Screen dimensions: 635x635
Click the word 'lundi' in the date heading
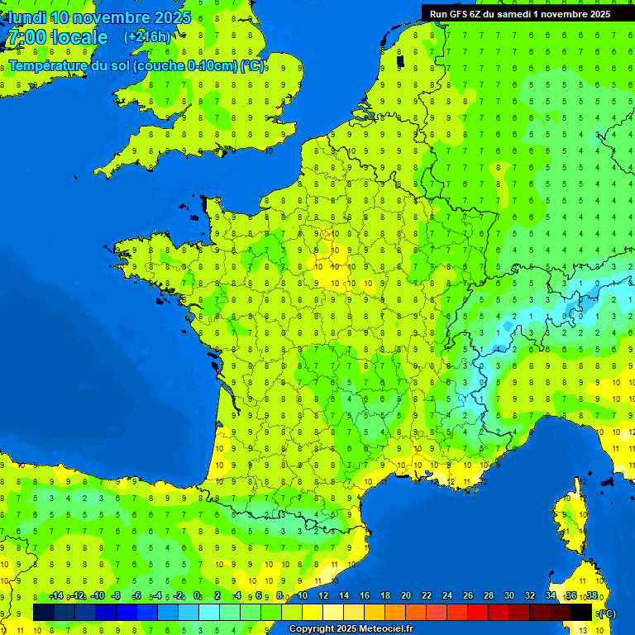(27, 17)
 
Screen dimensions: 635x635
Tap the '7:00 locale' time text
(56, 37)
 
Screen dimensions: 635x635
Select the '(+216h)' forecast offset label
(147, 36)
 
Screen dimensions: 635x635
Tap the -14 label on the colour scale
(56, 596)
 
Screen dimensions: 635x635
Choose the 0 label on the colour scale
(197, 596)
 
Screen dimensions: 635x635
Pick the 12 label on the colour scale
(323, 596)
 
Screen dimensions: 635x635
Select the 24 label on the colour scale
(447, 596)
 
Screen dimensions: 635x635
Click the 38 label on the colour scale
(592, 596)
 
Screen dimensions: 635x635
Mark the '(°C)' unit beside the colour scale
(608, 613)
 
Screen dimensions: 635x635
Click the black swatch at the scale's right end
(581, 612)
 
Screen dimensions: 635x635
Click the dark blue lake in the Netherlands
(400, 60)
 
